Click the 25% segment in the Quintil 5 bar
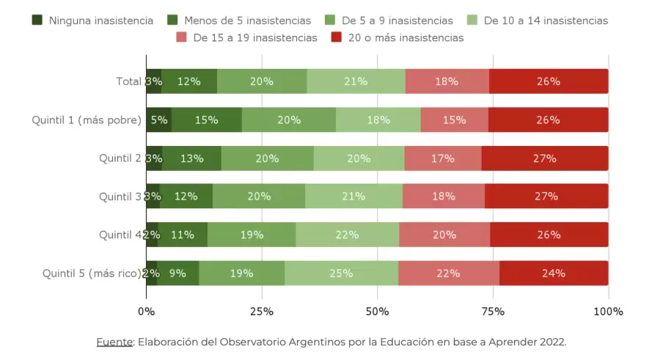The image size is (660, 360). pyautogui.click(x=342, y=273)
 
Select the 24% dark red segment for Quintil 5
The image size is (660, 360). pyautogui.click(x=554, y=273)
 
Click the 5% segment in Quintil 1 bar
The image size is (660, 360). pyautogui.click(x=159, y=120)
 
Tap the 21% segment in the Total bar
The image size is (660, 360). pyautogui.click(x=356, y=81)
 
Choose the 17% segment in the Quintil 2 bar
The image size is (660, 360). pyautogui.click(x=442, y=158)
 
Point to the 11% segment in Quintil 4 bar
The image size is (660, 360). pyautogui.click(x=183, y=235)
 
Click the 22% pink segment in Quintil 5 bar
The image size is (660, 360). pyautogui.click(x=449, y=273)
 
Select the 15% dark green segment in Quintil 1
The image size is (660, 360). pyautogui.click(x=206, y=120)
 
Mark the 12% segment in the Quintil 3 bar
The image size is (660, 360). pyautogui.click(x=186, y=196)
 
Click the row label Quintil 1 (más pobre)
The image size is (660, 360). pyautogui.click(x=87, y=120)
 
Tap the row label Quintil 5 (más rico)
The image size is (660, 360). pyautogui.click(x=92, y=273)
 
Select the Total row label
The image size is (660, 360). pyautogui.click(x=128, y=81)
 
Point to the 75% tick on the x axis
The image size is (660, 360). pyautogui.click(x=493, y=312)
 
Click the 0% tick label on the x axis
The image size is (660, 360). pyautogui.click(x=147, y=312)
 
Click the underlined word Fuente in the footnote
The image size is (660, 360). pyautogui.click(x=114, y=342)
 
